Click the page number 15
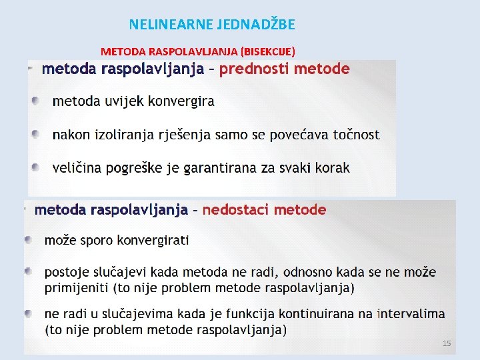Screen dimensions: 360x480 (447, 343)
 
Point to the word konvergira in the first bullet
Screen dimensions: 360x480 (182, 101)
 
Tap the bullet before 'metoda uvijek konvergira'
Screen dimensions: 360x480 (35, 101)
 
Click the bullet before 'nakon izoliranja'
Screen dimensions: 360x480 (35, 134)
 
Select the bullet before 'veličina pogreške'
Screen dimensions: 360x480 (35, 167)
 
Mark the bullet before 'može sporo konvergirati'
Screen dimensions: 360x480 (29, 239)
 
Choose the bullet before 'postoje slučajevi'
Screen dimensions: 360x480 (29, 272)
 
